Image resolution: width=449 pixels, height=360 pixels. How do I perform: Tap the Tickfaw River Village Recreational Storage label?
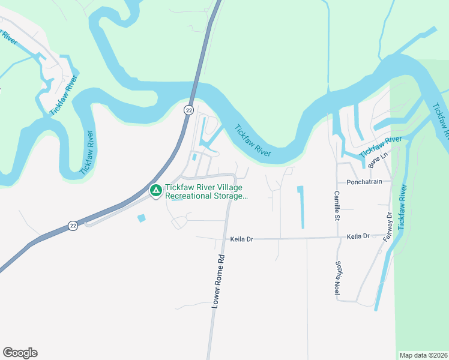coord(205,192)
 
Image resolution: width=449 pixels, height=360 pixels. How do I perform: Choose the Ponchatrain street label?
coord(364,182)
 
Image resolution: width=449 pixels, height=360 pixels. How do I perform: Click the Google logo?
coord(20,353)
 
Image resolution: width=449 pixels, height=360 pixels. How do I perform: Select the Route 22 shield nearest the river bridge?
coord(188,110)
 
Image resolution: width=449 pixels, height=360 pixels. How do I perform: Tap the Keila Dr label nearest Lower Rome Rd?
coord(242,239)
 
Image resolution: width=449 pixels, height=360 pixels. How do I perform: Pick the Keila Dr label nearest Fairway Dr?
coord(358,237)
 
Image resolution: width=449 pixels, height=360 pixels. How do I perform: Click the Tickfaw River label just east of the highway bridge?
coord(253,141)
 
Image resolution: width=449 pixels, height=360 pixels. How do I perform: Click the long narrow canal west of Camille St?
coord(301,207)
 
